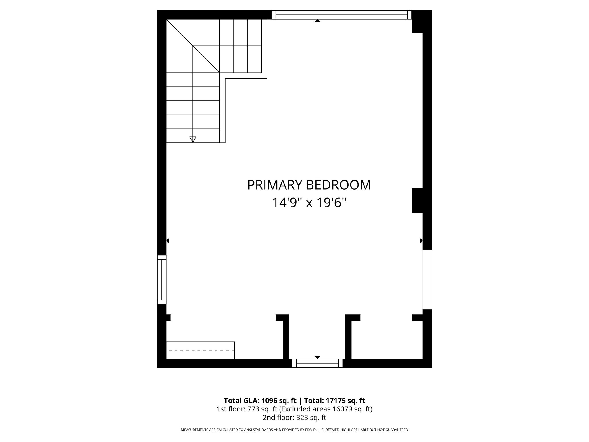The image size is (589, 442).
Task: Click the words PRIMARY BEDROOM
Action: pos(309,185)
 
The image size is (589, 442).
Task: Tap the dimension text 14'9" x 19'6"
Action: pos(309,203)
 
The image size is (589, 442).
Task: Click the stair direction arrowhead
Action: pos(193,140)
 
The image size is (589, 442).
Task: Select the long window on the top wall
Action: pos(341,15)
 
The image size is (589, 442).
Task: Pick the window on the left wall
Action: pos(162,279)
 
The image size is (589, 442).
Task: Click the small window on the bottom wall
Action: pos(317,363)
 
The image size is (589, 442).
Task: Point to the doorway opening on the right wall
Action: pos(427,279)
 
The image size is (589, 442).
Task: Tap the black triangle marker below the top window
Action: pos(317,21)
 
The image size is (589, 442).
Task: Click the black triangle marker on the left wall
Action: pos(167,241)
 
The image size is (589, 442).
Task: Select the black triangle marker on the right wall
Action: pos(421,241)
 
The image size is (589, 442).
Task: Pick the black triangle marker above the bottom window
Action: pos(317,357)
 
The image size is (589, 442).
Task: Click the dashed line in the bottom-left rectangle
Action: pos(201,350)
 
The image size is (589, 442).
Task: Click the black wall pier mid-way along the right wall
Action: pos(417,201)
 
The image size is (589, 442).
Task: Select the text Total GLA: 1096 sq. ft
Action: pos(260,401)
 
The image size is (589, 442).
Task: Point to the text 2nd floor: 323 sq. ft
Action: pos(294,418)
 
